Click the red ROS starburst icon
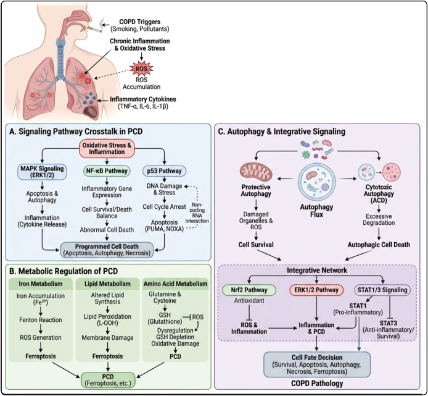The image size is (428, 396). [141, 69]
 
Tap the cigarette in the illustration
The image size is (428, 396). [94, 30]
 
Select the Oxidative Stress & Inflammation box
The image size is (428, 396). [107, 149]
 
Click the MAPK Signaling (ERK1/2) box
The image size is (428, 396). [42, 172]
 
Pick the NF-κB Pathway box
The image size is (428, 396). [107, 171]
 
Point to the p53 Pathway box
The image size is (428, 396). [164, 171]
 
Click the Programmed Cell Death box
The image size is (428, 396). [107, 250]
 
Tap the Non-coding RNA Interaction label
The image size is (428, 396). [197, 213]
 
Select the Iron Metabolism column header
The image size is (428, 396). [41, 284]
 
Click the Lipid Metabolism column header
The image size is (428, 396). [107, 284]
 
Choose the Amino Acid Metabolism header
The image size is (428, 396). [175, 284]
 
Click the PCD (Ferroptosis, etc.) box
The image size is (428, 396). [108, 380]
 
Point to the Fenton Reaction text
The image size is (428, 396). [41, 319]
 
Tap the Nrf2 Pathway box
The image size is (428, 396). [249, 290]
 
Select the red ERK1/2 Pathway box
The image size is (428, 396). [316, 290]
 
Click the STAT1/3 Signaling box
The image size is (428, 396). [382, 290]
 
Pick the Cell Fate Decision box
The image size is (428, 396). [317, 364]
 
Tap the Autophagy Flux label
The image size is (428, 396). [316, 211]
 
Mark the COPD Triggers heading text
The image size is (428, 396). [140, 22]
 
